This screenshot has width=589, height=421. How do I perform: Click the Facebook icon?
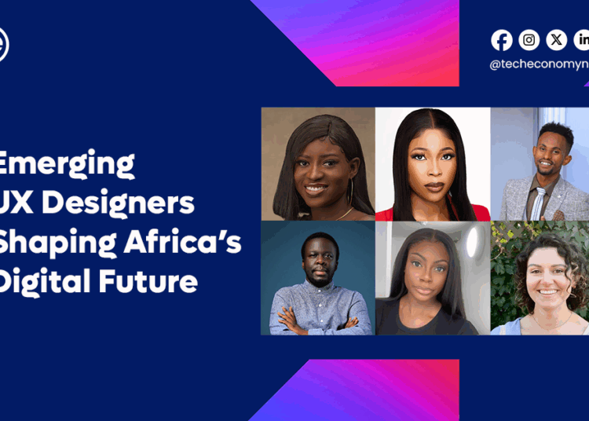click(502, 40)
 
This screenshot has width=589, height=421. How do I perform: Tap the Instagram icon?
click(529, 40)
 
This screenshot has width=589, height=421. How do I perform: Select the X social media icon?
click(556, 40)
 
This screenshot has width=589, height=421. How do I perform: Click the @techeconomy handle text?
click(539, 65)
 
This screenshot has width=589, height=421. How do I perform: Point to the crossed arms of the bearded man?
click(317, 323)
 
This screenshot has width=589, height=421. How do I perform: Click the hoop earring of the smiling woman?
click(351, 193)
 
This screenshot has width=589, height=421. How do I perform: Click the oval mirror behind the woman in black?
click(471, 243)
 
